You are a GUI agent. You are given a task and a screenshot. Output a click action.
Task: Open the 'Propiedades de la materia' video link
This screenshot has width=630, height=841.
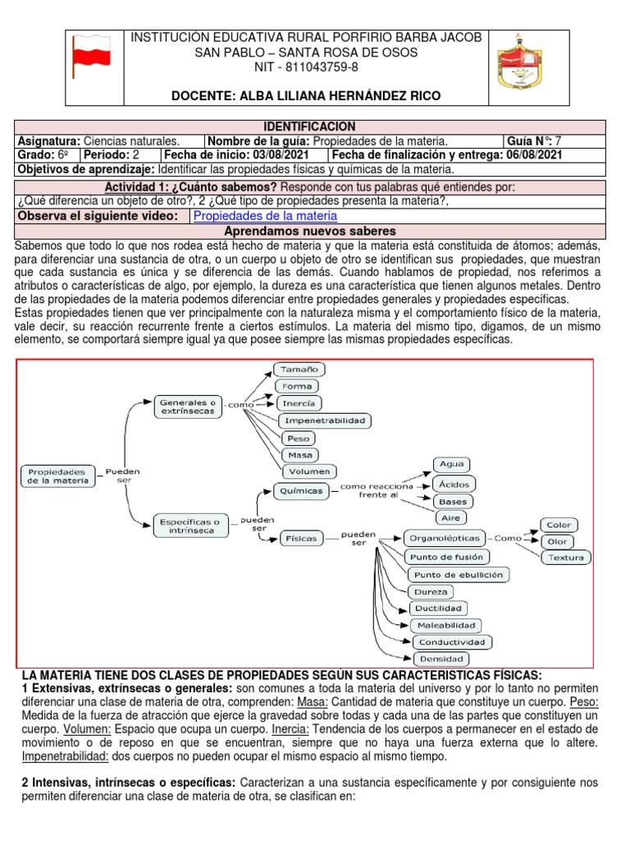pyautogui.click(x=264, y=216)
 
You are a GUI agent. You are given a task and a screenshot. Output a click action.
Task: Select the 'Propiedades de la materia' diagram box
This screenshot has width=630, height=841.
pyautogui.click(x=57, y=477)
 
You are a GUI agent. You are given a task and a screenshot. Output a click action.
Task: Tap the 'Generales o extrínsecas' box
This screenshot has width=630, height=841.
pyautogui.click(x=188, y=406)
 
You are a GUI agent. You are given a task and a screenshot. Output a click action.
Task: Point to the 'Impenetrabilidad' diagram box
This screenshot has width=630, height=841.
pyautogui.click(x=326, y=420)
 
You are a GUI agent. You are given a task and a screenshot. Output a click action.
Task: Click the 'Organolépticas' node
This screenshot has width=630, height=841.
pyautogui.click(x=441, y=539)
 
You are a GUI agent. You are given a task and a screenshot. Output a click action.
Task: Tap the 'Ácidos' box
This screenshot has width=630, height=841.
pyautogui.click(x=454, y=485)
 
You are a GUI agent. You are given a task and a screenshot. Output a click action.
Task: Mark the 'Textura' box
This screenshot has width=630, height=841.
pyautogui.click(x=566, y=558)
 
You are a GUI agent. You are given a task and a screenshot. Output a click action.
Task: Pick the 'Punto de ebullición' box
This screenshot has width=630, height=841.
pyautogui.click(x=459, y=574)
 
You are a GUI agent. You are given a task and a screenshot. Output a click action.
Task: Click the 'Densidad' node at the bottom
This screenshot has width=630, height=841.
pyautogui.click(x=441, y=658)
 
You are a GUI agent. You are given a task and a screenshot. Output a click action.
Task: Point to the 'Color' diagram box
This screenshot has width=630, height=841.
pyautogui.click(x=559, y=525)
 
